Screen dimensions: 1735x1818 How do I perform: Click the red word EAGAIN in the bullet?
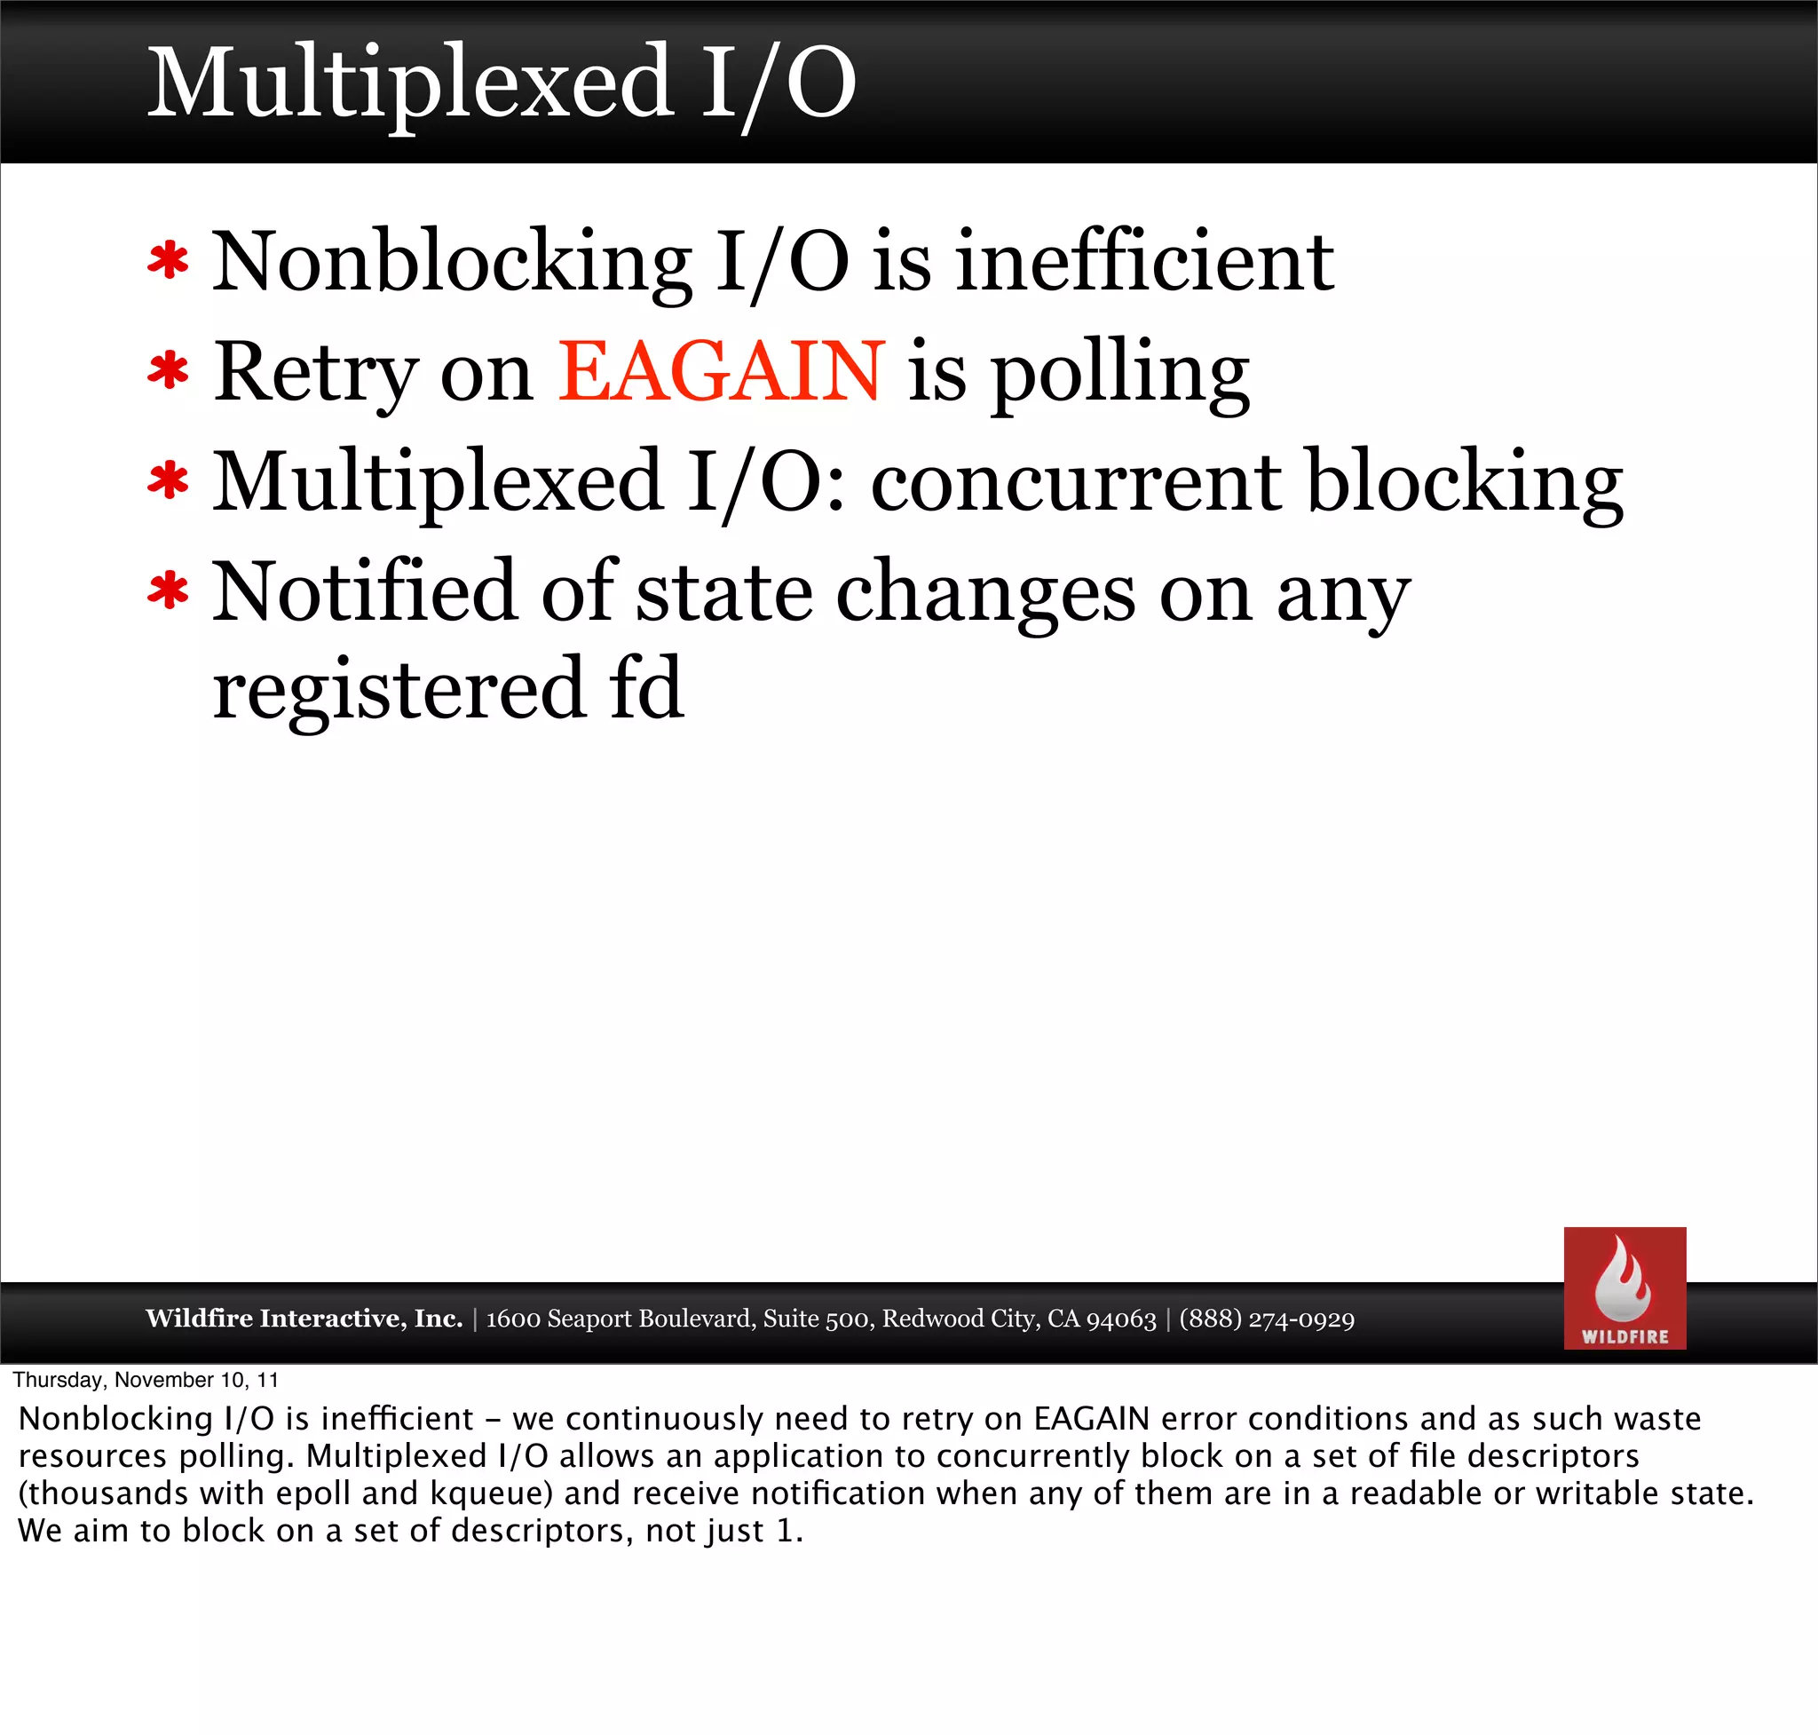pos(720,372)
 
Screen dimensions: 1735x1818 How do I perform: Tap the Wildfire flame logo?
pos(1624,1287)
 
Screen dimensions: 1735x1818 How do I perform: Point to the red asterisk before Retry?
pos(169,372)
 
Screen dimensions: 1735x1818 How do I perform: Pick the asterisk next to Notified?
pos(169,592)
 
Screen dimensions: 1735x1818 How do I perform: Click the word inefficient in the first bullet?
pos(1144,262)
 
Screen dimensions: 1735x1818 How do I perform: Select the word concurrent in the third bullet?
pos(1076,482)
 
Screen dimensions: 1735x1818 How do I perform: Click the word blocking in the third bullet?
pos(1465,482)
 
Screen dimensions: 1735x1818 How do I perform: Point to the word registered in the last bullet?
pos(399,690)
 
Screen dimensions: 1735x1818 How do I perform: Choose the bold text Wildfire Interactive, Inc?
pos(304,1318)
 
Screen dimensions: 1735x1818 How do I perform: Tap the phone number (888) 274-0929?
pos(1266,1319)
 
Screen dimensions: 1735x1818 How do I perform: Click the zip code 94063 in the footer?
pos(1121,1319)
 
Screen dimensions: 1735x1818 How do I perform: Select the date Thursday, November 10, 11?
pos(146,1380)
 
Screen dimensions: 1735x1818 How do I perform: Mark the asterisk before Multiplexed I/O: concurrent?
pos(169,482)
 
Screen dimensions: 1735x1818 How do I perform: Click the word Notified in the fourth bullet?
pos(364,592)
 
